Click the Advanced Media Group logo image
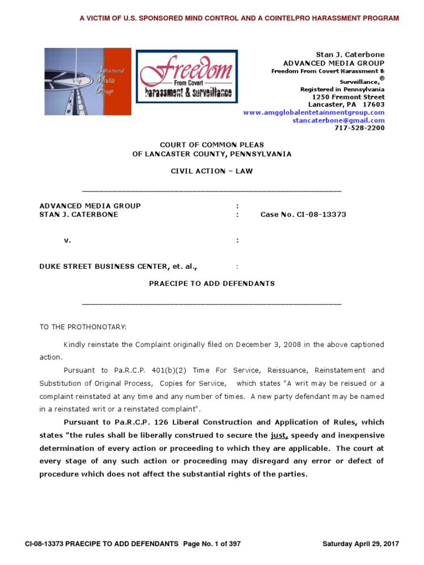[88, 82]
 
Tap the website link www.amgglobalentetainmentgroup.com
[314, 113]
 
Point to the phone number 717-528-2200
[359, 128]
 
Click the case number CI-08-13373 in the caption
[303, 214]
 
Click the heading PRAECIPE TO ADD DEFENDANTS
[212, 283]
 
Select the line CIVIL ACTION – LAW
[212, 171]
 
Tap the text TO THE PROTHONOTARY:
[83, 327]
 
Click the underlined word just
[279, 435]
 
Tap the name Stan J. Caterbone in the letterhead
[350, 55]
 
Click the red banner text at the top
[239, 18]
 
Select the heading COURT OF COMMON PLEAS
[212, 145]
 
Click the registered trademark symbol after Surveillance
[381, 79]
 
